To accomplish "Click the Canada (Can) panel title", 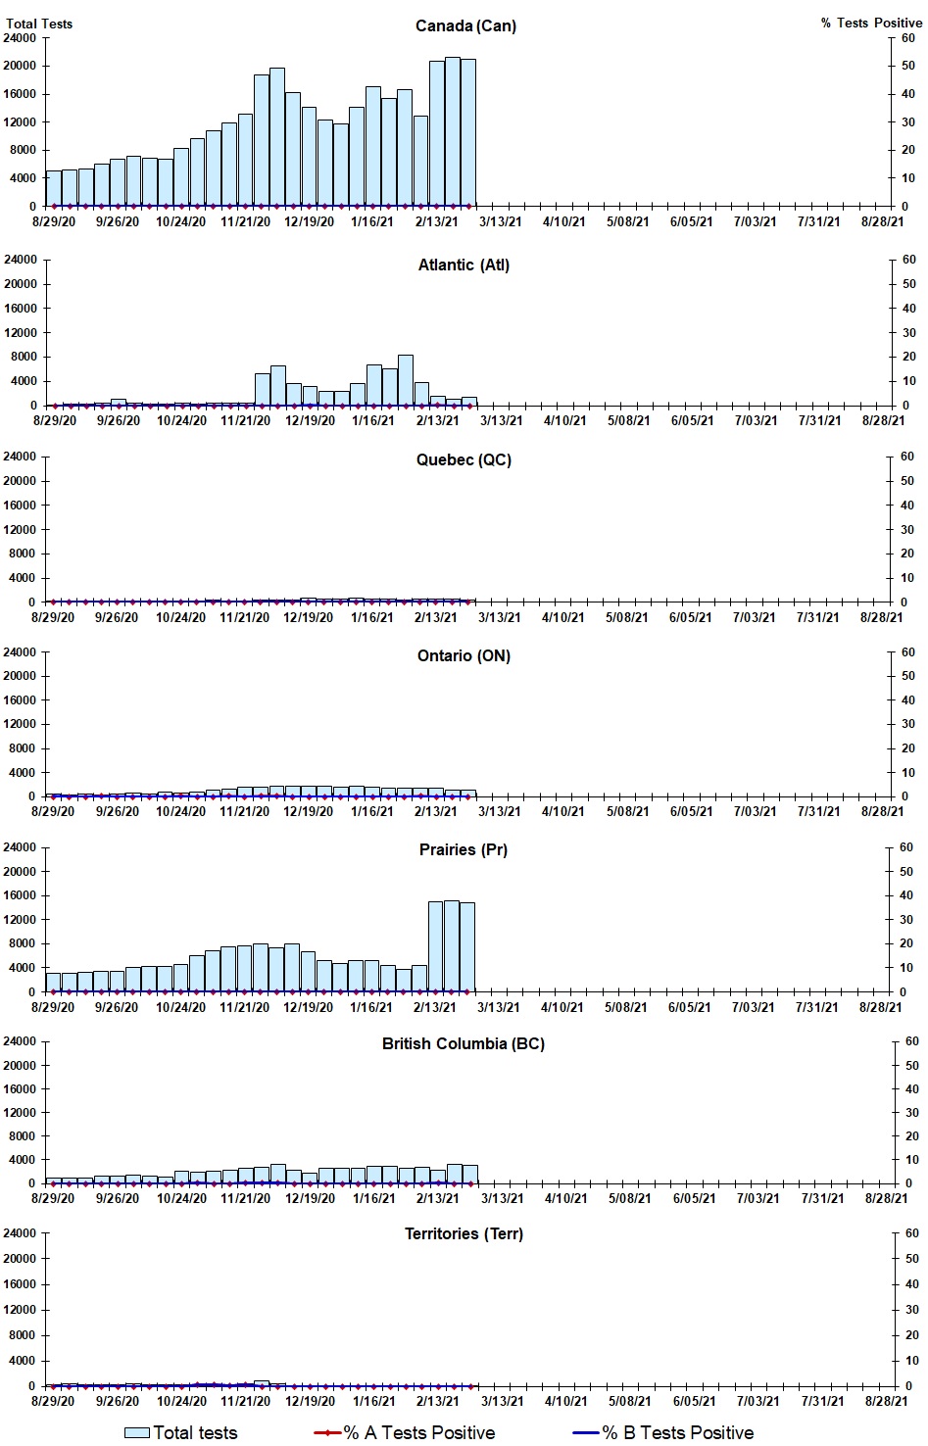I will click(465, 25).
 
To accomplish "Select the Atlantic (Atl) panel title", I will click(464, 265).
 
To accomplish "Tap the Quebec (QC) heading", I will click(464, 459).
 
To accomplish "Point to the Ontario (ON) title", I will click(464, 655).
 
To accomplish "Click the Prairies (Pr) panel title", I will click(464, 849).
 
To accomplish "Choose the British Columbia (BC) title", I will click(464, 1043).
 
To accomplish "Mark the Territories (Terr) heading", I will click(464, 1233).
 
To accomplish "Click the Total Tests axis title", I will click(39, 24).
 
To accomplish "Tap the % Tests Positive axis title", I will click(871, 23).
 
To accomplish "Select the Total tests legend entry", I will click(181, 1432).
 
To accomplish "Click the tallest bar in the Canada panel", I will click(453, 132).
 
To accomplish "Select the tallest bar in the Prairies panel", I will click(452, 946).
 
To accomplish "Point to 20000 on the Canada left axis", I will click(21, 66).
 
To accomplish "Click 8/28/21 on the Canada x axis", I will click(882, 221).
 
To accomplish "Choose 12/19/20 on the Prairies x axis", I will click(308, 1007).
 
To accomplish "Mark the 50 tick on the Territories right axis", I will click(911, 1259).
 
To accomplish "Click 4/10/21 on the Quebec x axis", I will click(562, 617).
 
